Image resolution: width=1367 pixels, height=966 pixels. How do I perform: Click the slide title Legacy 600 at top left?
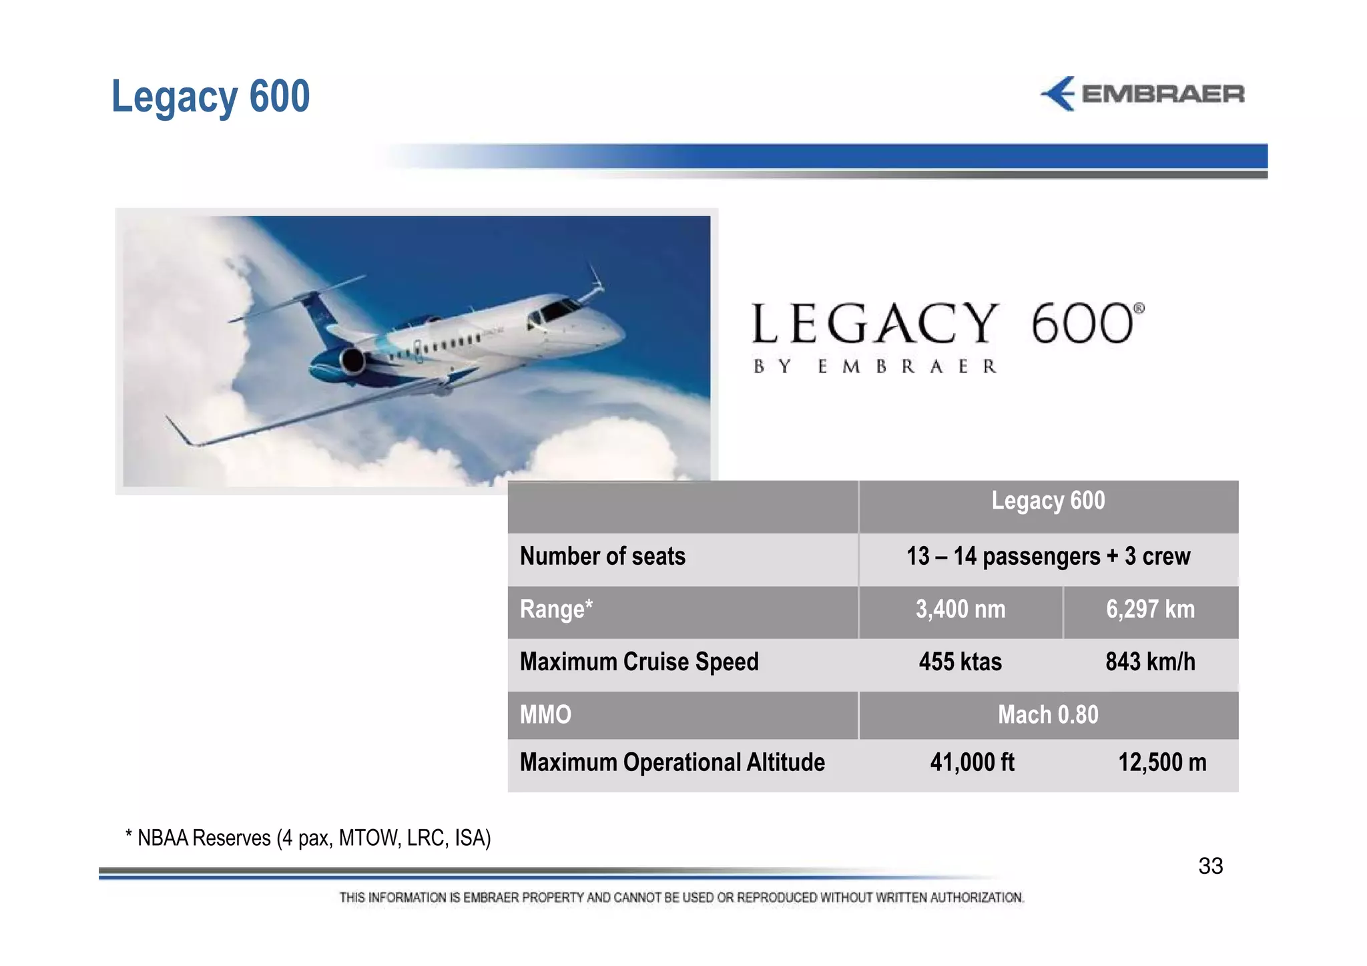210,97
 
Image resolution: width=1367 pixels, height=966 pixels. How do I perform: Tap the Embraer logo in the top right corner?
1142,94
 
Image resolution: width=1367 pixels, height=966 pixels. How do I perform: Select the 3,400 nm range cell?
960,610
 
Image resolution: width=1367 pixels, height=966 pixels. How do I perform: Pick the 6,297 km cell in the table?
1150,610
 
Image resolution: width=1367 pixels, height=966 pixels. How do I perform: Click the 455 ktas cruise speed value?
960,662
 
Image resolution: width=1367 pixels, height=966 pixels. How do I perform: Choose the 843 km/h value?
1150,662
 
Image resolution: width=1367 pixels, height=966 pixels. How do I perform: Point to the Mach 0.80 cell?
1047,715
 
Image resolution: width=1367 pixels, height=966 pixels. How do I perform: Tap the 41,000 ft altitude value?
972,762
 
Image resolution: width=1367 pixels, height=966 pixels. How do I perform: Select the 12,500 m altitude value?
1162,762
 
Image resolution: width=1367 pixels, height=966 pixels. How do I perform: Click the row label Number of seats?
602,557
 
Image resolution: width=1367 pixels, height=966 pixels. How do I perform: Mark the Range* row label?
556,610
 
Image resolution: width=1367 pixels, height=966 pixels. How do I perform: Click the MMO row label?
545,715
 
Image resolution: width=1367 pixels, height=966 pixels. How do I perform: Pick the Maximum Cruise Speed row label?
639,662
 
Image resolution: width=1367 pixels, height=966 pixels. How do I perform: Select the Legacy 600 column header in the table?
1047,501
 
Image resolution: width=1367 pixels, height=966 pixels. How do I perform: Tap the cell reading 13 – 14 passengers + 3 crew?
1047,557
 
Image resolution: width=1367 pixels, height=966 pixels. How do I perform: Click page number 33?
1210,867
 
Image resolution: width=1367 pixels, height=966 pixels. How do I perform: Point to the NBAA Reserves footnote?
308,838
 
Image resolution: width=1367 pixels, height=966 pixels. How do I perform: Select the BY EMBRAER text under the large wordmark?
874,367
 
